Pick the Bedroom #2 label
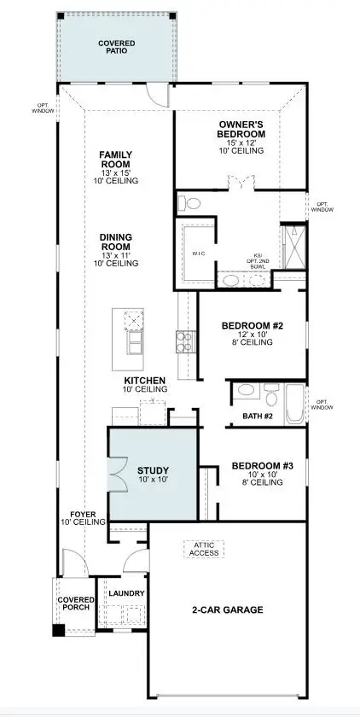[251, 326]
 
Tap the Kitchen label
[145, 381]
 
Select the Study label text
[153, 470]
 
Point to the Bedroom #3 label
[263, 466]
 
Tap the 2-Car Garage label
[226, 609]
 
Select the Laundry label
[126, 593]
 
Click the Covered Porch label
[76, 604]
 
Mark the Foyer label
[83, 515]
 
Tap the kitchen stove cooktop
[185, 342]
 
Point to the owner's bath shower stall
[294, 247]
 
